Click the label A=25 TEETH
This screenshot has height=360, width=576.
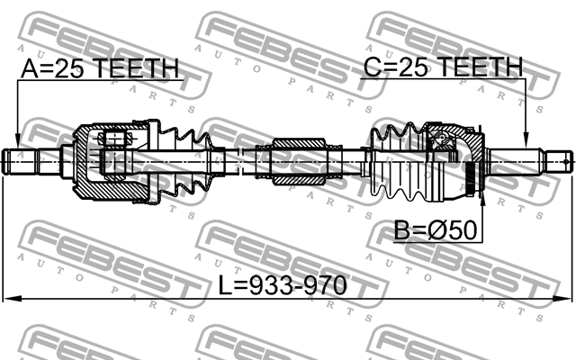(x=99, y=68)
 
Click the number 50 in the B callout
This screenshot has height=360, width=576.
(x=462, y=231)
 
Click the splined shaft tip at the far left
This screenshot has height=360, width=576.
(x=20, y=162)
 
